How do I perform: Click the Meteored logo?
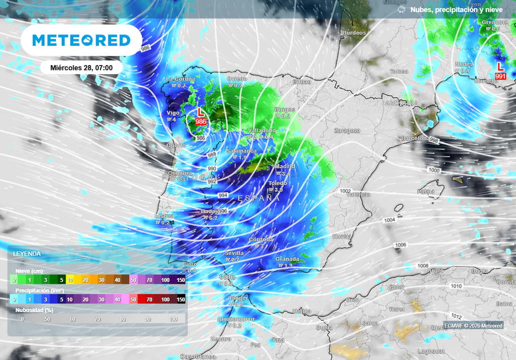(x=81, y=40)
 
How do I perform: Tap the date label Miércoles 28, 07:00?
(x=82, y=68)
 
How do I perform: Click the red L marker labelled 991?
(x=500, y=70)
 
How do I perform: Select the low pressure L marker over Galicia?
(x=201, y=115)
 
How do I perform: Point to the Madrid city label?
(x=285, y=166)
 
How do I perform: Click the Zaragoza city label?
(x=347, y=131)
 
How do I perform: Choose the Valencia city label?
(x=358, y=195)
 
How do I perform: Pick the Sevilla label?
(x=234, y=253)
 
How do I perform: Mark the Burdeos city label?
(x=354, y=33)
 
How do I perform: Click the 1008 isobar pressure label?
(x=423, y=266)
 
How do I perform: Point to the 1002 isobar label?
(x=345, y=191)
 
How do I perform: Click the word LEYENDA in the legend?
(x=27, y=254)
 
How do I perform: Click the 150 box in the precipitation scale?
(x=181, y=299)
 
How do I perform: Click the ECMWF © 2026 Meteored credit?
(x=473, y=326)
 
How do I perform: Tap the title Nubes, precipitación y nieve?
(x=457, y=10)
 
